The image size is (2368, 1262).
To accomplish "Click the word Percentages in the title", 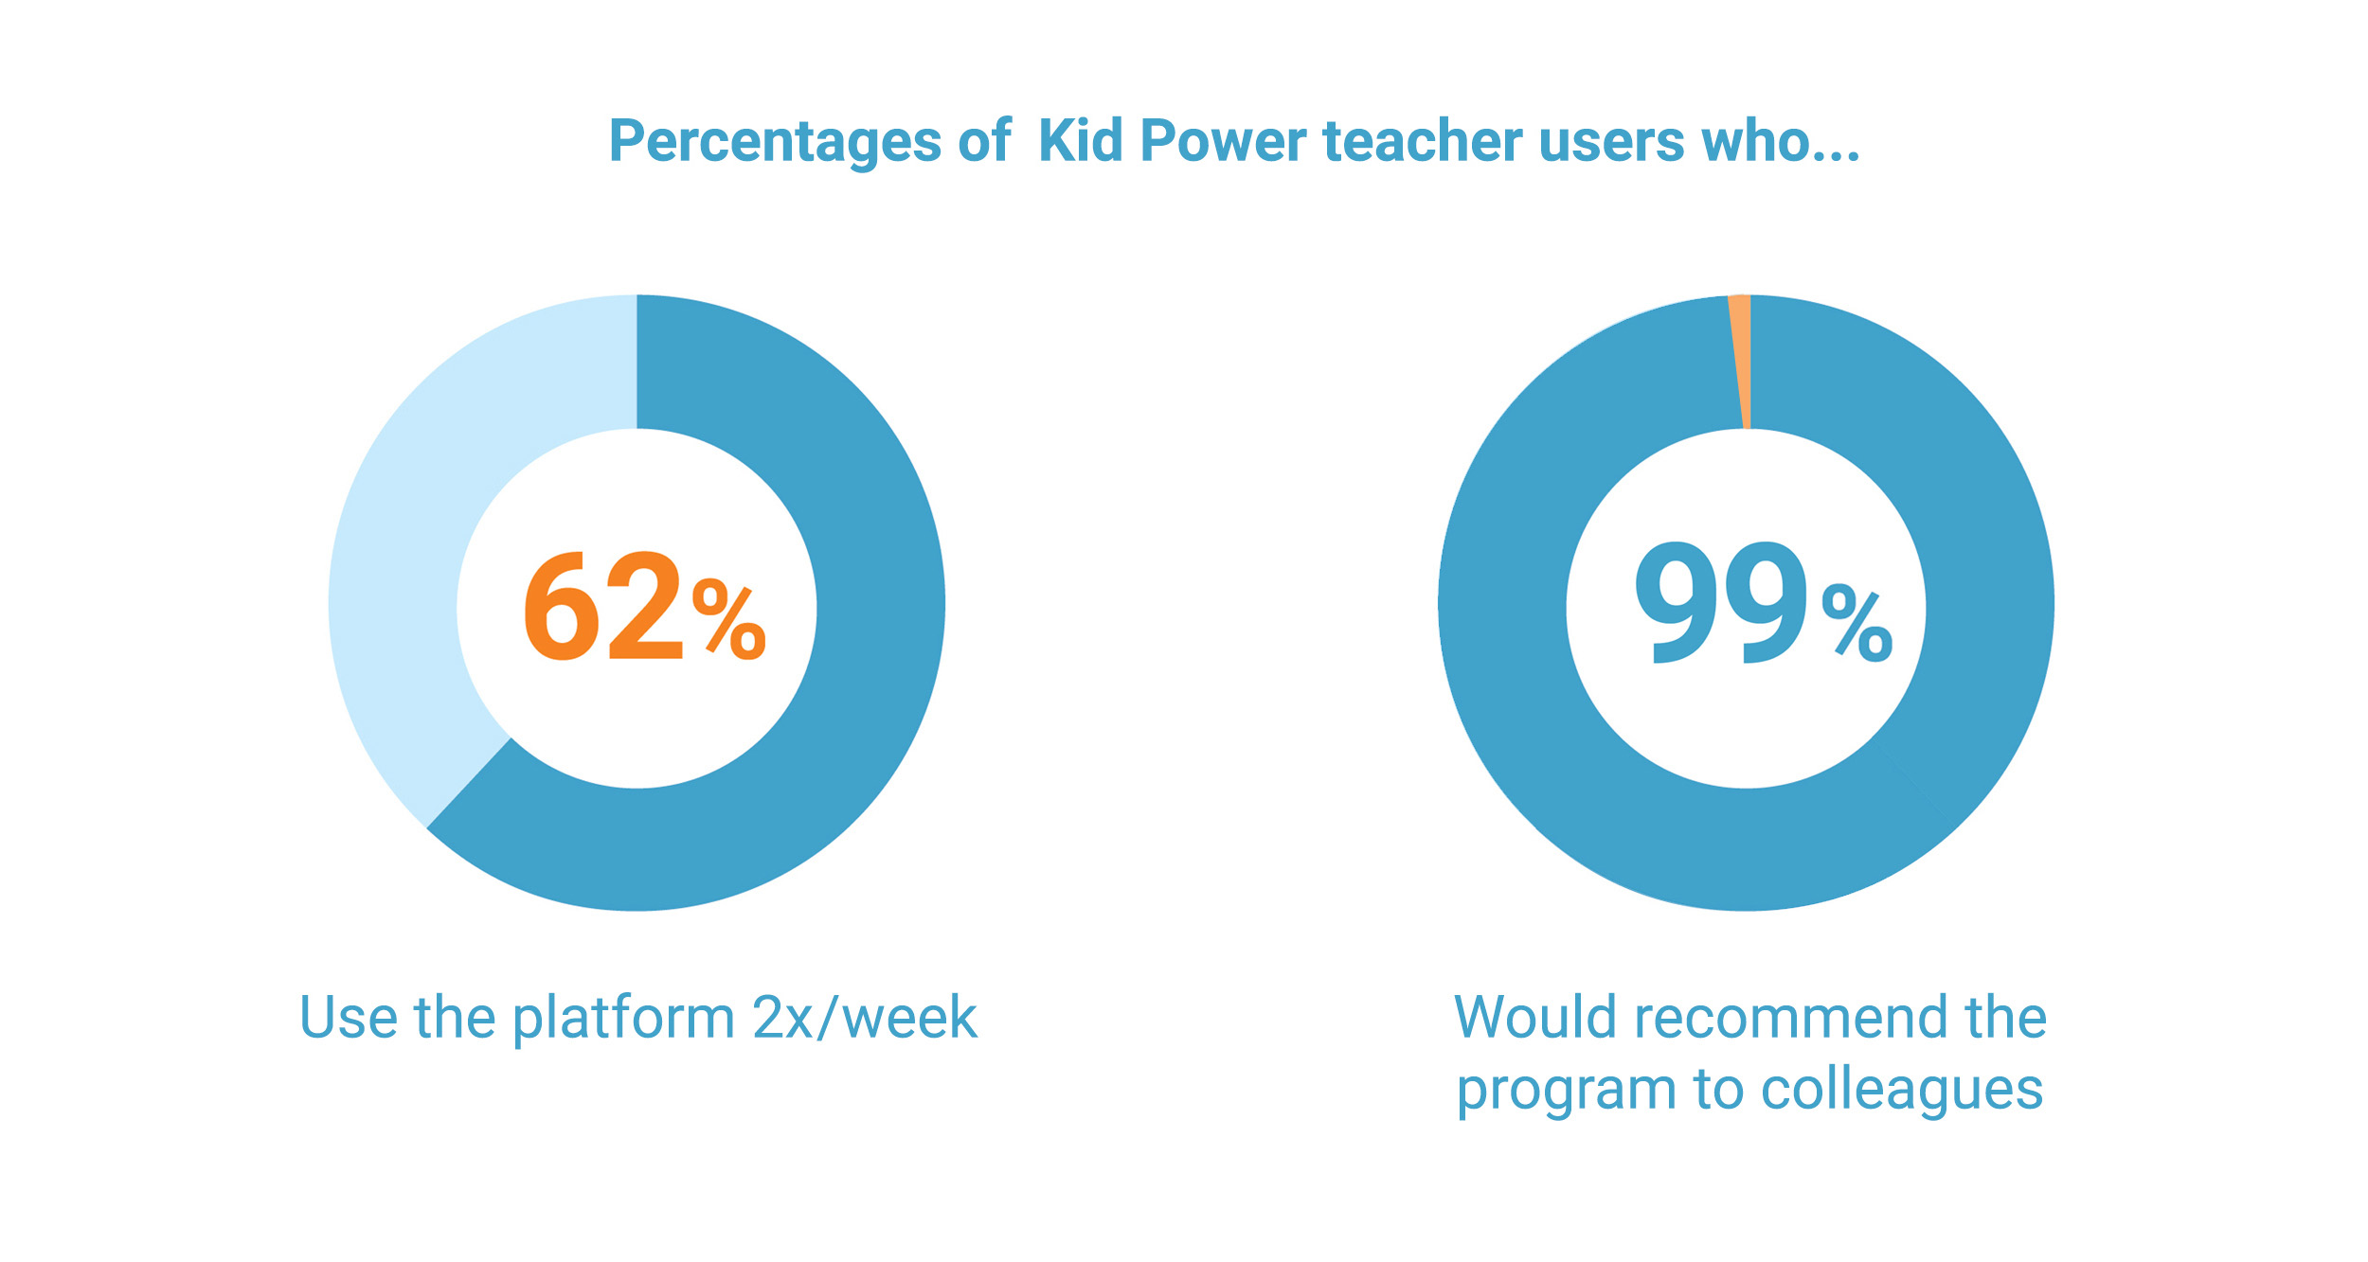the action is (x=776, y=142).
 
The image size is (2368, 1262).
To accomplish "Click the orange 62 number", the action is (x=603, y=606).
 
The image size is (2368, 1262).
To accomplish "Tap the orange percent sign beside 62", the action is (x=728, y=620).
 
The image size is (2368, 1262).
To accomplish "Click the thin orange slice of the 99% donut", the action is (x=1741, y=360).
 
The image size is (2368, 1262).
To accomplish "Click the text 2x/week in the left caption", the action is (x=865, y=1019).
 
